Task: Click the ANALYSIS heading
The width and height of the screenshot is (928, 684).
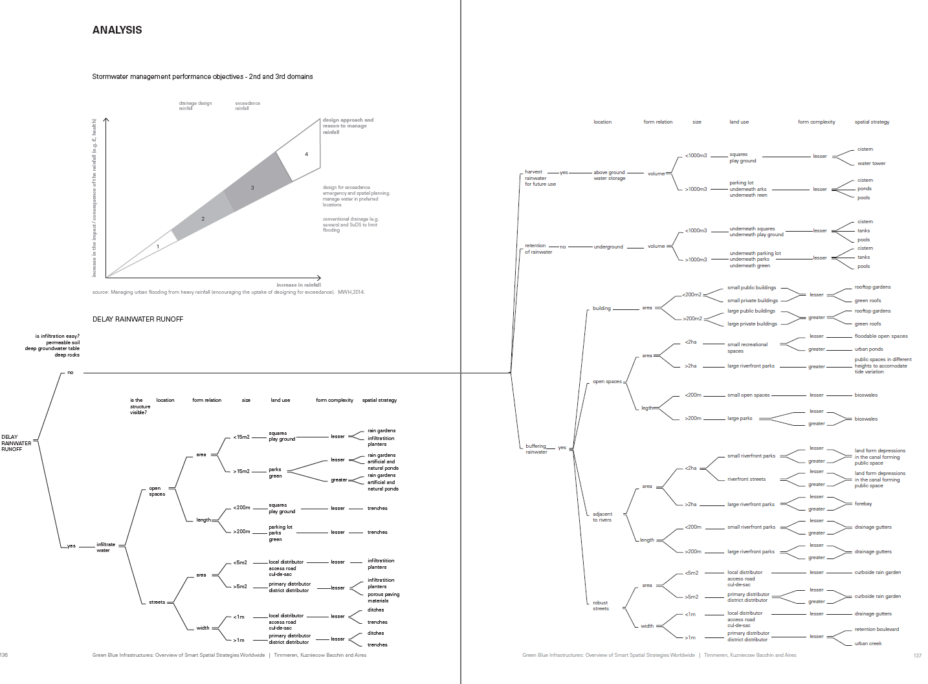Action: coord(117,30)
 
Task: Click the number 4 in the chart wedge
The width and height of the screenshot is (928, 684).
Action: coord(307,154)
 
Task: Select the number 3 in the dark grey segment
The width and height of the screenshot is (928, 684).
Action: coord(252,188)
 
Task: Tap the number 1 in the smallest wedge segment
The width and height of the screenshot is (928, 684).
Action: coord(158,247)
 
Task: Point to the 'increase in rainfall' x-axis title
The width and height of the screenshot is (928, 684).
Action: coord(298,285)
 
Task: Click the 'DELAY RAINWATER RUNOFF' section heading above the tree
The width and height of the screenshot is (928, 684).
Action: coord(138,319)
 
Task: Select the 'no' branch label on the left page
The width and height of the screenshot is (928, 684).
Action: coord(71,373)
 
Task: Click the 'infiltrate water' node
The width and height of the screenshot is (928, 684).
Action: coord(105,547)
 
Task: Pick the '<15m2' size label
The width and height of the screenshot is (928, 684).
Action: coord(241,437)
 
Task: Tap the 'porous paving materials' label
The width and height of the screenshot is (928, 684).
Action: coord(383,597)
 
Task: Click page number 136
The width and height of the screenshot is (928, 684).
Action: coord(4,655)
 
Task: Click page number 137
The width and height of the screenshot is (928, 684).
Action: coord(917,656)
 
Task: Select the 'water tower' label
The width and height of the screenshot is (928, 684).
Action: coord(871,164)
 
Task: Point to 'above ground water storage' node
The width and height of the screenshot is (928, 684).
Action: coord(609,175)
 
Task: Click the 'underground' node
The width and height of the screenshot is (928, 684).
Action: coord(608,247)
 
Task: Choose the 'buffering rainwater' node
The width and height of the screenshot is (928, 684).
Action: coord(536,448)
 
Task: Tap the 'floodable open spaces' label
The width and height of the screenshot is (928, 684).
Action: coord(881,336)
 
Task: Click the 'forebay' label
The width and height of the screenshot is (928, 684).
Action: coord(863,503)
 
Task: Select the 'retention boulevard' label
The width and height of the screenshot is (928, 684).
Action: coord(876,629)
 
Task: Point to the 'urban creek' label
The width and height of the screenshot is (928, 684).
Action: coord(868,643)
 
